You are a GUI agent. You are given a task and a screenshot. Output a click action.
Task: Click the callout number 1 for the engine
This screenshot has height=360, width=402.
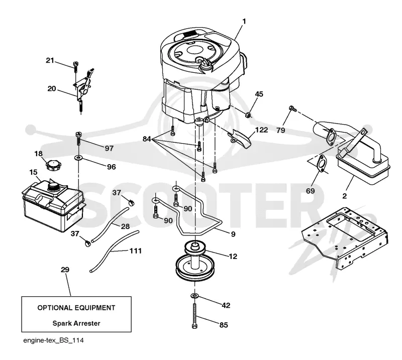coord(244,21)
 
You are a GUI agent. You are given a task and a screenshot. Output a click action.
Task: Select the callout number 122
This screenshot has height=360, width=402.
coord(261,130)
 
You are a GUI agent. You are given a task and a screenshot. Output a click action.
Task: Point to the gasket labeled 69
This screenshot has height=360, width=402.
coord(321,163)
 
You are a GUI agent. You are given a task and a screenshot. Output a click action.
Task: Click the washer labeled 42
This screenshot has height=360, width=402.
coord(195,296)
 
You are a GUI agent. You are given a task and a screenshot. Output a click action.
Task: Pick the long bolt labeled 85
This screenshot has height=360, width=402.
coord(194,315)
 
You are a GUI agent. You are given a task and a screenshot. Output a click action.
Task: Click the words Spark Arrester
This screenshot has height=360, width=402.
coord(76,323)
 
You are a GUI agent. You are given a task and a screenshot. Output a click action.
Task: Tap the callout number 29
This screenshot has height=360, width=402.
coord(65,270)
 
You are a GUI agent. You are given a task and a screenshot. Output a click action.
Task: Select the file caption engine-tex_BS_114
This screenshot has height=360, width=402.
coord(53,340)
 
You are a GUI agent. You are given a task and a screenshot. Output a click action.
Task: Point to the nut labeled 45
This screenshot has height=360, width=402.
coord(248,114)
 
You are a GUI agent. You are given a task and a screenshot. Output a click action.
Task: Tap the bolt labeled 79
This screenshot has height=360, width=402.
coord(292,108)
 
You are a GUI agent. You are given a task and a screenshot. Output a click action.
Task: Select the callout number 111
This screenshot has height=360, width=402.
coord(136,251)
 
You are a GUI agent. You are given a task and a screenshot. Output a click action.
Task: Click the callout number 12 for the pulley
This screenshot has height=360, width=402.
coord(233,256)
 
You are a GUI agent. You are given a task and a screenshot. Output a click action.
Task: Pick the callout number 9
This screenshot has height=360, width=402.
coord(233,234)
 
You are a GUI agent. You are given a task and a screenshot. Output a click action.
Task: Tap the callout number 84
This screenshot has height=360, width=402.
coord(147,139)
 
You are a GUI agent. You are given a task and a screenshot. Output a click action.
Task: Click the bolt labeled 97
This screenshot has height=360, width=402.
coord(78,139)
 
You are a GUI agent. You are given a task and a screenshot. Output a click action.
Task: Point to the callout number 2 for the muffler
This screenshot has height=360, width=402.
coord(345,196)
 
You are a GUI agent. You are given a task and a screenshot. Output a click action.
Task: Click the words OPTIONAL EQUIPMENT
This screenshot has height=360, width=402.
coord(76,308)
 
